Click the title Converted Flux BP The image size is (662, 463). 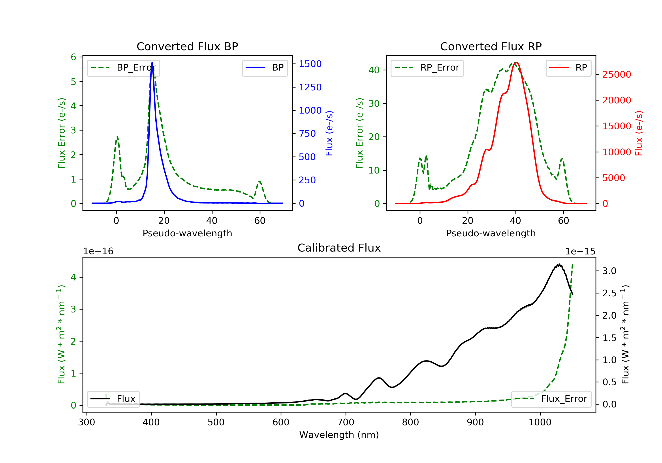[x=187, y=46]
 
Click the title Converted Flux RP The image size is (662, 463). [x=491, y=46]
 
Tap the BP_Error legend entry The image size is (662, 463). [x=123, y=68]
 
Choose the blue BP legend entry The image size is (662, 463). [x=265, y=68]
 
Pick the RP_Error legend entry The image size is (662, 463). [x=427, y=68]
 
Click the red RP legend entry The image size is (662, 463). [x=568, y=68]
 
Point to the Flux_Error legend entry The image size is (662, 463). [x=551, y=399]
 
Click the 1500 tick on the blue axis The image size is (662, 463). [x=310, y=64]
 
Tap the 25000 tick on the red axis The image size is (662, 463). [x=617, y=75]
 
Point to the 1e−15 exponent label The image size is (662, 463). [x=580, y=252]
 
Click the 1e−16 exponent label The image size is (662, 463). [x=98, y=252]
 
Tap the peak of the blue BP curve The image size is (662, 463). [x=152, y=63]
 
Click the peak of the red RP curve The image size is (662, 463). [x=516, y=63]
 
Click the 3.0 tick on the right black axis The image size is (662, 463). [x=609, y=271]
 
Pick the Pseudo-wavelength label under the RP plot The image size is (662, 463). [x=491, y=233]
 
